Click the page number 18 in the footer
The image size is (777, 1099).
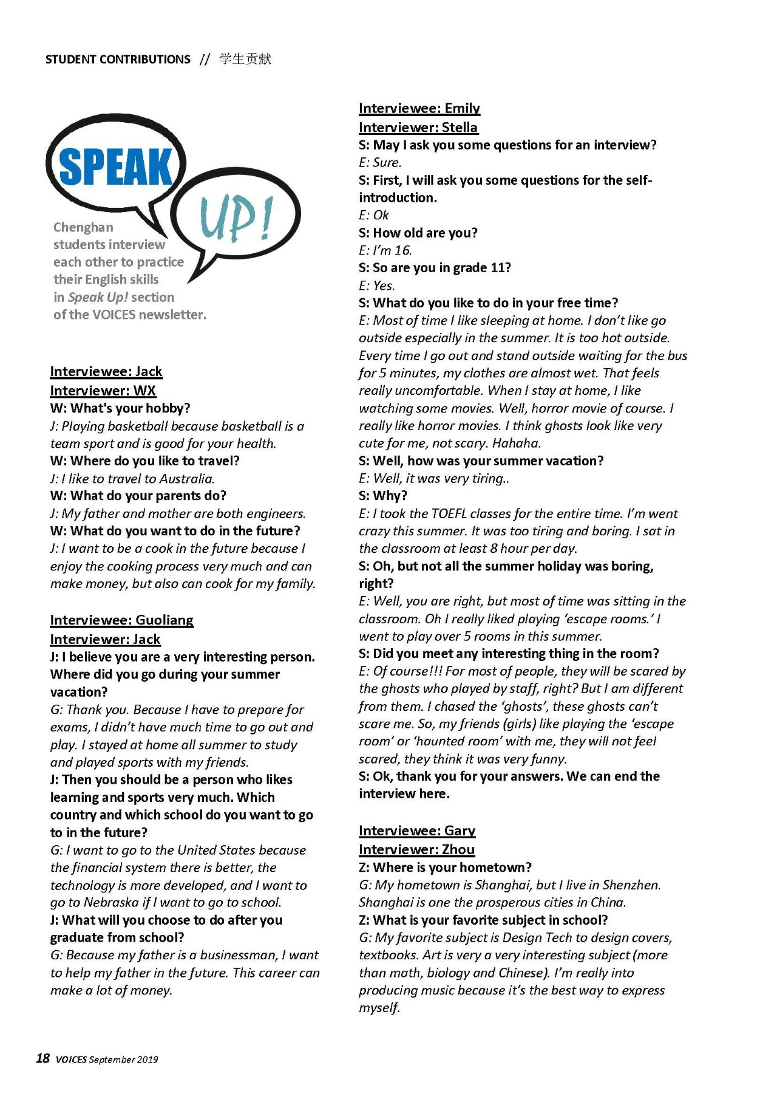point(42,1059)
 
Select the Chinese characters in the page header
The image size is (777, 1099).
point(245,59)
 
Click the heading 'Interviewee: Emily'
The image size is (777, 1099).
point(419,108)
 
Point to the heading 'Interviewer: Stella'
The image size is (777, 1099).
point(418,127)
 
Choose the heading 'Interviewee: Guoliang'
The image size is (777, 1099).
point(121,620)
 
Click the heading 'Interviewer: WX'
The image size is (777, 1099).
point(103,390)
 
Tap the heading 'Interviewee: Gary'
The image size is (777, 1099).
point(416,830)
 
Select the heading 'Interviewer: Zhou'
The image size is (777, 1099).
point(416,849)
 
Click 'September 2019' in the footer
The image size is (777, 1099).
point(123,1060)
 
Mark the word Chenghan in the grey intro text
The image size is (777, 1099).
point(83,227)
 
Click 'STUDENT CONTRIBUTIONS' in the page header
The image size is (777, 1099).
point(118,60)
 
